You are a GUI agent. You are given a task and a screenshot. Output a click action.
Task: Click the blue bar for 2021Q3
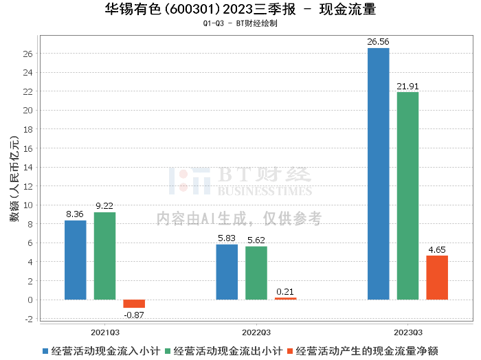tap(76, 260)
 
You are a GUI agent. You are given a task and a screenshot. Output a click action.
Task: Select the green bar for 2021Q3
tap(104, 256)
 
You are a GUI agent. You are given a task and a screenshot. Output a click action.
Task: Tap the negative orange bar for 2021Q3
tap(134, 304)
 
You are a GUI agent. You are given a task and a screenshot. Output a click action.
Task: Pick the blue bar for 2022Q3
tap(227, 272)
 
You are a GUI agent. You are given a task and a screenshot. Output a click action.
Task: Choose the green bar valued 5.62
tap(256, 273)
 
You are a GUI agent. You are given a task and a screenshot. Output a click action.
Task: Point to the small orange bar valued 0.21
tap(286, 298)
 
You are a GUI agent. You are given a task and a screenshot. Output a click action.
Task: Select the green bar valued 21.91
tap(407, 196)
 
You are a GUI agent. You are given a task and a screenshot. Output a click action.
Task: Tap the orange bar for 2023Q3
tap(437, 278)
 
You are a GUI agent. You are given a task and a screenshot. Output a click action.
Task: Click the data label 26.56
tap(378, 42)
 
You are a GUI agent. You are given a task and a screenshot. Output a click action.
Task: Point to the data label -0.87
tap(135, 314)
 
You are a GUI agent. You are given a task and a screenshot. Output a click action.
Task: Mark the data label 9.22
tap(104, 206)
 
